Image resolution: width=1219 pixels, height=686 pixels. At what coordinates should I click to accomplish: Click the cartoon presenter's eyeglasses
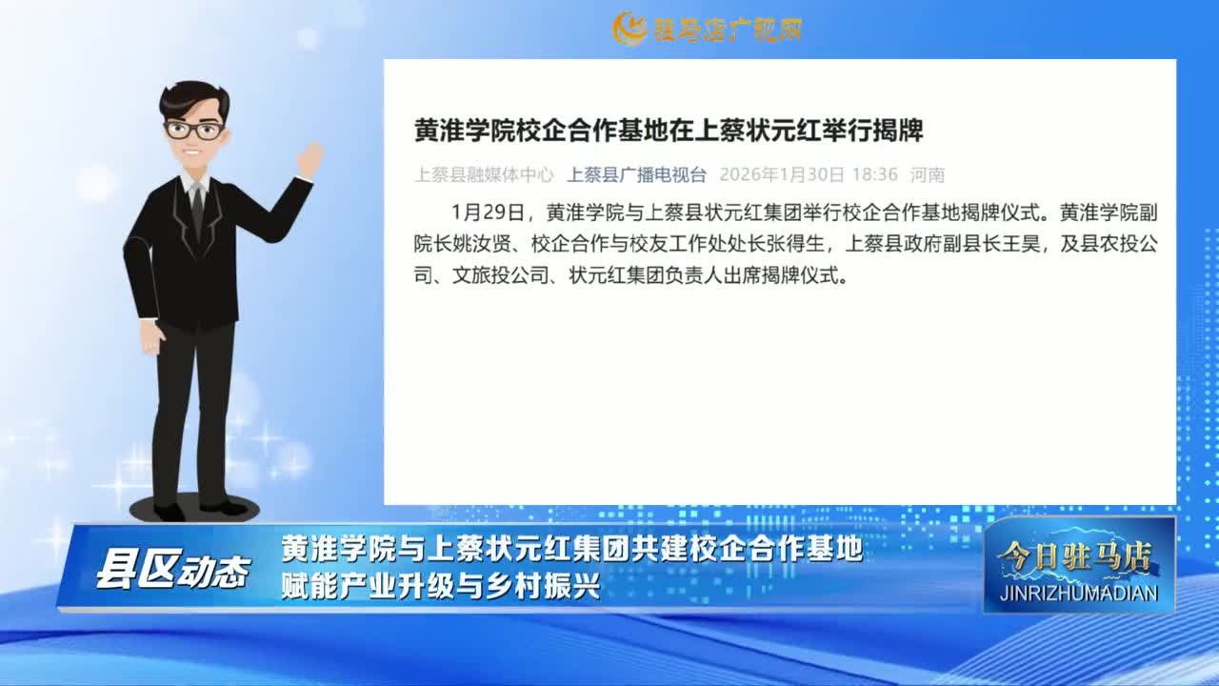click(194, 131)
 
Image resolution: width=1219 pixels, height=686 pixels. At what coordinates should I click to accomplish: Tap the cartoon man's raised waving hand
click(310, 159)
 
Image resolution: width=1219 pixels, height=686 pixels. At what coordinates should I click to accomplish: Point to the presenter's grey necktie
click(197, 210)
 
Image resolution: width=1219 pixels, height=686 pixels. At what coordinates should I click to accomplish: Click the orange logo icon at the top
click(629, 29)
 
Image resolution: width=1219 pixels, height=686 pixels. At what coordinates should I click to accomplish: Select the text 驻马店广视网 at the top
click(728, 30)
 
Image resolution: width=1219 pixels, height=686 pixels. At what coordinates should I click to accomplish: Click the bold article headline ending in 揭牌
click(669, 131)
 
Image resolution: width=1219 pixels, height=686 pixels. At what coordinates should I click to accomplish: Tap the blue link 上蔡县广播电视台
click(637, 174)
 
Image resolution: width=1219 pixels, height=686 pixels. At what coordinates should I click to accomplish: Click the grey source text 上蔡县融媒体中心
click(484, 174)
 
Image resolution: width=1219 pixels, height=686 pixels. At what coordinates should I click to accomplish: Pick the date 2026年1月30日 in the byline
click(782, 174)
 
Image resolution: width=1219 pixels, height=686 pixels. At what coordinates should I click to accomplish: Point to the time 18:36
click(874, 174)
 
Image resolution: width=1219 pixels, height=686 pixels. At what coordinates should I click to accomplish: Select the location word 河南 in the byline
click(928, 174)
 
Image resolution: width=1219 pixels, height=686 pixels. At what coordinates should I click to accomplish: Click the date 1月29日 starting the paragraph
click(488, 212)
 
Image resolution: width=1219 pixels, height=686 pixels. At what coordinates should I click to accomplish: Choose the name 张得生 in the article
click(795, 244)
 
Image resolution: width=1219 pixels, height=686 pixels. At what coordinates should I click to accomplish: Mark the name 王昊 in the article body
click(1021, 244)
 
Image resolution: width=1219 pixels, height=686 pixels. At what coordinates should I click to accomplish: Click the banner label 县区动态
click(173, 571)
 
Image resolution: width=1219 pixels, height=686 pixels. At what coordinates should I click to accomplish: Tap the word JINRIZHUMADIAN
click(1079, 593)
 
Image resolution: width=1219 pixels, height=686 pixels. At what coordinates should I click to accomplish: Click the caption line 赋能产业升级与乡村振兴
click(441, 586)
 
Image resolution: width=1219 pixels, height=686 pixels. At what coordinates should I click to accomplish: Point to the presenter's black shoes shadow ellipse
click(195, 509)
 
